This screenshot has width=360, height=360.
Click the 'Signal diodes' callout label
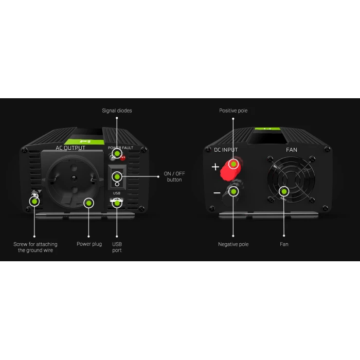(x=117, y=111)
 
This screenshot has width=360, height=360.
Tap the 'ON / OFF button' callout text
(x=174, y=176)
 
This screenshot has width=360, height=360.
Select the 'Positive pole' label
(x=233, y=111)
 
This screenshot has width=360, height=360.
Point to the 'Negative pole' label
(x=233, y=244)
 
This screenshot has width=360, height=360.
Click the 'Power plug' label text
(x=89, y=244)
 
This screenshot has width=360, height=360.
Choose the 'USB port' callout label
(x=117, y=247)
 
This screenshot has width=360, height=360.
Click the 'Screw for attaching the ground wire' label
(x=35, y=247)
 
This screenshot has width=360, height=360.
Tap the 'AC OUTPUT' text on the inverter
(x=70, y=148)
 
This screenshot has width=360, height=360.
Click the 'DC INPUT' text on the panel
(x=226, y=150)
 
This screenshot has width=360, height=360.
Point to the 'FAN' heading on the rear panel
(x=292, y=150)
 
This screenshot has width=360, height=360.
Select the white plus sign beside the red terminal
(x=215, y=167)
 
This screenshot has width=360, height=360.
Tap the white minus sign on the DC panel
(x=217, y=193)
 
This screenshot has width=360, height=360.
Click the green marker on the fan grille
(x=284, y=191)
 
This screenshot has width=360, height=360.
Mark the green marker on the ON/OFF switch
(x=117, y=177)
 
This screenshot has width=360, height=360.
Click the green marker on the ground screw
(x=34, y=202)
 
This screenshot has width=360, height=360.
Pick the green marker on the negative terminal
(x=233, y=191)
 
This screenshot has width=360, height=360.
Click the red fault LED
(x=123, y=157)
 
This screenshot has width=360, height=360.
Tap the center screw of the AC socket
(x=74, y=178)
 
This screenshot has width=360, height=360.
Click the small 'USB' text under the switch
(x=117, y=193)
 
